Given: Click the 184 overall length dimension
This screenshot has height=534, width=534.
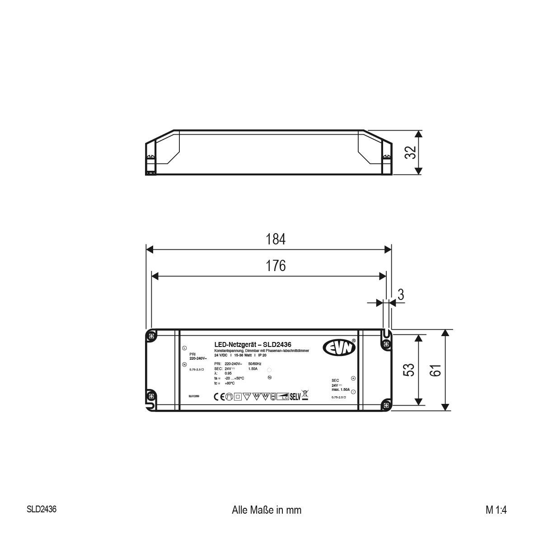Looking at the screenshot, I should [276, 239].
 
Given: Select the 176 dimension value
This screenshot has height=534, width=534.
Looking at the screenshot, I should [276, 266].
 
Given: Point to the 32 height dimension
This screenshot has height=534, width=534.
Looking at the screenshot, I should [410, 153].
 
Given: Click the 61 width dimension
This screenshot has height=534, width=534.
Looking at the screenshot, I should [435, 370].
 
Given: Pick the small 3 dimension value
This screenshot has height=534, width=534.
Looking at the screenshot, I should [400, 295].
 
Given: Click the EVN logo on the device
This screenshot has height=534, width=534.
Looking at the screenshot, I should [339, 347].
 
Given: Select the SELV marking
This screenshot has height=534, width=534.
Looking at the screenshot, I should [295, 397].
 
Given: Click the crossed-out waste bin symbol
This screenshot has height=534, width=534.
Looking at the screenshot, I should [304, 396].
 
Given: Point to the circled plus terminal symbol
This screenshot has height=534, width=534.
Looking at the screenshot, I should [353, 379].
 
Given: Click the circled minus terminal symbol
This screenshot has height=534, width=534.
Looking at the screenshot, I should [353, 391].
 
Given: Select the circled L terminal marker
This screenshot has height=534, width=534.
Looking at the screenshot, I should [184, 348].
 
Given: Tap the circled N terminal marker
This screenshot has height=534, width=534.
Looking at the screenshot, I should [184, 365].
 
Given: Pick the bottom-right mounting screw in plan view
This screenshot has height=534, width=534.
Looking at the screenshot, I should [385, 404].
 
